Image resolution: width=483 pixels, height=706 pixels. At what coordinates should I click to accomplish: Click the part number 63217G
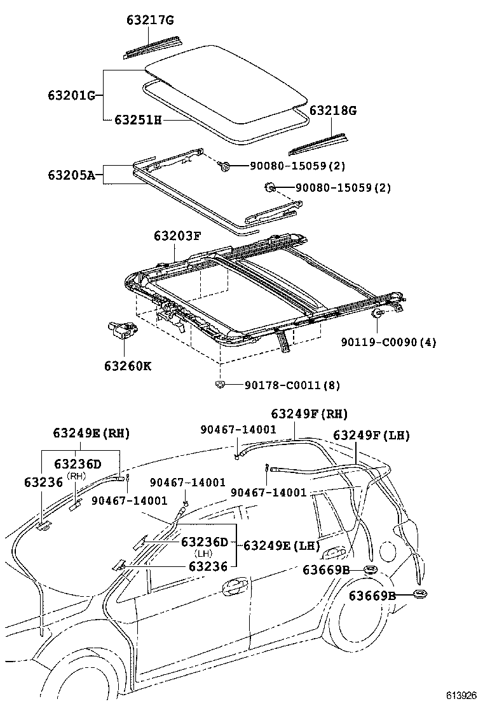[x=148, y=20]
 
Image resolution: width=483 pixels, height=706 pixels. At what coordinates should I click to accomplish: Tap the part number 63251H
[x=138, y=119]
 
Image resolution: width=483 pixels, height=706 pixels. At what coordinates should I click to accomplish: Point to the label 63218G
[x=333, y=110]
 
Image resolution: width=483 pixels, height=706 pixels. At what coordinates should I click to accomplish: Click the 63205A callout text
[x=71, y=174]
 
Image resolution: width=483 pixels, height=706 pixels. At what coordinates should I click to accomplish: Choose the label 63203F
[x=177, y=236]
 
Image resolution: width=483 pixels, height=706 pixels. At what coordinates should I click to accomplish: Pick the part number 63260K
[x=128, y=366]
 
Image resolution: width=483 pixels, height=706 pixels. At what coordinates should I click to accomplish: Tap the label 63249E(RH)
[x=92, y=433]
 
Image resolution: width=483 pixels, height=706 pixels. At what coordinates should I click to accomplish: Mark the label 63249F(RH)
[x=310, y=414]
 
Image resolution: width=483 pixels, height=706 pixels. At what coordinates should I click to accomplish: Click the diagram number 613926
[x=459, y=695]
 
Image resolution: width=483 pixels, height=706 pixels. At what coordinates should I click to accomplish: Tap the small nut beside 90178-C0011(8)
[x=221, y=384]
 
